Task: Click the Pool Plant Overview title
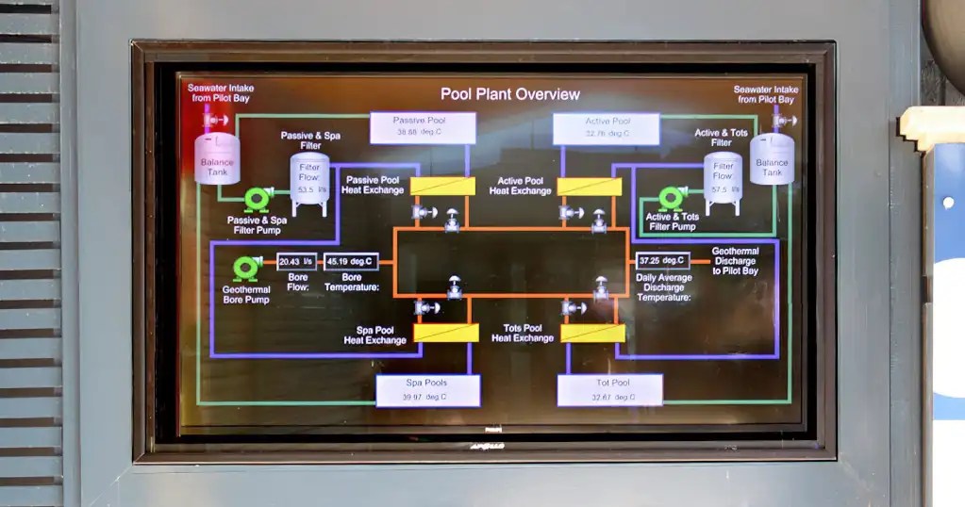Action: pos(509,94)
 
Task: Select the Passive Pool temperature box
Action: pos(422,127)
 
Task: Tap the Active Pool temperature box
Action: pos(606,128)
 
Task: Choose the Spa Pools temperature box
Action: pos(427,390)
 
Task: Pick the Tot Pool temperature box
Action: pos(609,390)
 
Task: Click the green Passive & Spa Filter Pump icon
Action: pos(257,199)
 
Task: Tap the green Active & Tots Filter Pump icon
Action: pos(672,198)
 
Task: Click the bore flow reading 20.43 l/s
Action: pos(296,262)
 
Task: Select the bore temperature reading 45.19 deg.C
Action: pos(351,262)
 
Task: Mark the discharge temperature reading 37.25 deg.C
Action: pos(662,260)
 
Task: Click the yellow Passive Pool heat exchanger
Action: pos(442,186)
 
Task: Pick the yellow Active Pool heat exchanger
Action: pos(590,187)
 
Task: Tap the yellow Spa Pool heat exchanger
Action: pos(446,333)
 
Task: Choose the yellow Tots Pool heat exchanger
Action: pos(592,333)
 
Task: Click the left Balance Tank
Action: pos(217,157)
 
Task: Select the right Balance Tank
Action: pos(772,158)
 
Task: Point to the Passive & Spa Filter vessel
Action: pos(308,183)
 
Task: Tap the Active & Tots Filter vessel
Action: pos(723,179)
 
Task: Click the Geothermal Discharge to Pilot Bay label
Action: pos(735,261)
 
